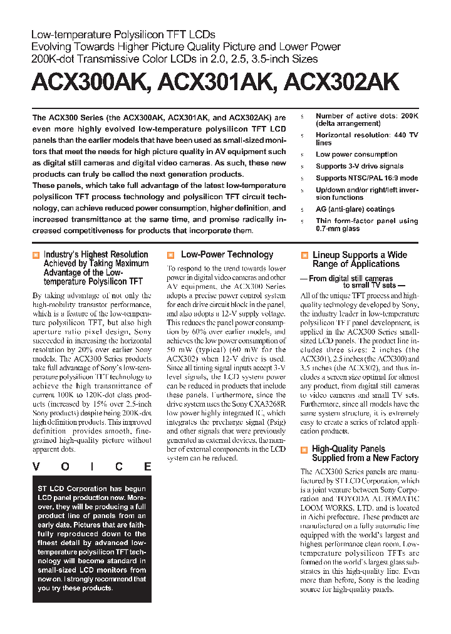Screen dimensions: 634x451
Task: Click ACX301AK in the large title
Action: click(216, 83)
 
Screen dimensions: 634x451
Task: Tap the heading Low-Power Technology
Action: click(227, 254)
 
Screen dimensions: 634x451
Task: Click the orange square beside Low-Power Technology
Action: click(170, 255)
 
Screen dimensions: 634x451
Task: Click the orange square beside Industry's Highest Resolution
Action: click(36, 255)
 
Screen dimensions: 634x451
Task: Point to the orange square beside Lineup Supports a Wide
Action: click(304, 256)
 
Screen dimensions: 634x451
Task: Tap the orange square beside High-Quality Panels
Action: click(304, 449)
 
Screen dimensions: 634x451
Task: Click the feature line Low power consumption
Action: click(356, 154)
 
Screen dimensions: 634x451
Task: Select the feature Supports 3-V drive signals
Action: click(360, 167)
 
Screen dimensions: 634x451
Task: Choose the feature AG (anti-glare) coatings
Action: click(355, 209)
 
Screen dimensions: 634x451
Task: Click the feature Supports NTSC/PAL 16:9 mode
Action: click(366, 178)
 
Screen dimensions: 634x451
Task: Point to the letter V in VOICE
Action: click(36, 467)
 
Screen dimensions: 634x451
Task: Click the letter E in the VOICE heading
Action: click(147, 467)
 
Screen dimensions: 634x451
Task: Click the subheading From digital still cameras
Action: click(351, 278)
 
